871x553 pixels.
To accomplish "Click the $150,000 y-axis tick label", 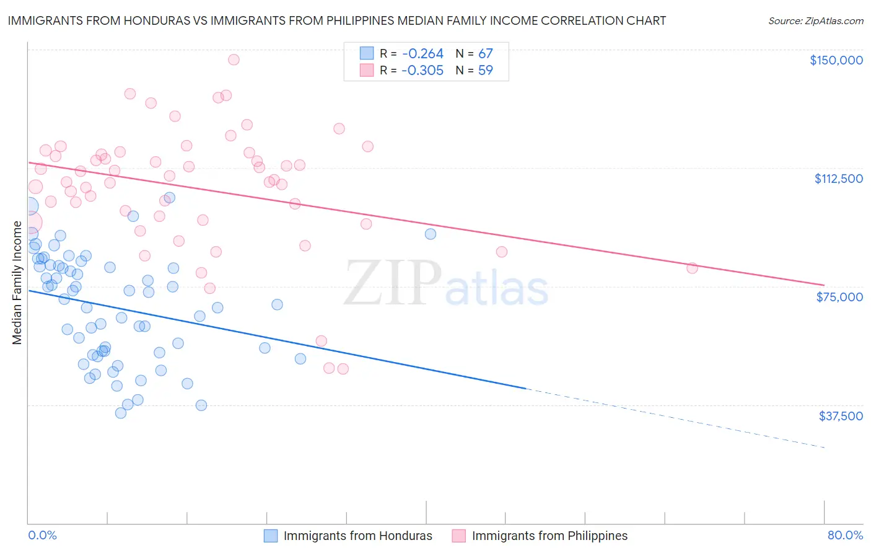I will pyautogui.click(x=836, y=60).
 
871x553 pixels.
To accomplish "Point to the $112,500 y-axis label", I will pyautogui.click(x=838, y=179).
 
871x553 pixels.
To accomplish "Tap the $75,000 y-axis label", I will pyautogui.click(x=839, y=297).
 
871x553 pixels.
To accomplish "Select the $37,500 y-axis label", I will pyautogui.click(x=841, y=416).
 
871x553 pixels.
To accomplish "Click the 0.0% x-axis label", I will pyautogui.click(x=42, y=535).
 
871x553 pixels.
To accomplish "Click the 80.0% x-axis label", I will pyautogui.click(x=845, y=535).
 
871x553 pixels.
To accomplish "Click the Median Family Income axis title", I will pyautogui.click(x=17, y=283).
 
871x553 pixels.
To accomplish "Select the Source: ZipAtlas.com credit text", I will pyautogui.click(x=815, y=21).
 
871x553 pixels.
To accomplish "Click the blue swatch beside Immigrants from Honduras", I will pyautogui.click(x=271, y=536).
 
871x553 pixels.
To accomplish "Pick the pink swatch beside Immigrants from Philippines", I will pyautogui.click(x=458, y=536).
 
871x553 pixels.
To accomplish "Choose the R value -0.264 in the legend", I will pyautogui.click(x=422, y=54).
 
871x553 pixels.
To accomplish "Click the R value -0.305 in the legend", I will pyautogui.click(x=422, y=71).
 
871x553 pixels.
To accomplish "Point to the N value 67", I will pyautogui.click(x=485, y=54).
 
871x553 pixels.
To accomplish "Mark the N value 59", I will pyautogui.click(x=485, y=71).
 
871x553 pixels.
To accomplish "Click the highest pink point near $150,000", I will pyautogui.click(x=234, y=60).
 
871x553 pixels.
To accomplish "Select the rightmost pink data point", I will pyautogui.click(x=692, y=268).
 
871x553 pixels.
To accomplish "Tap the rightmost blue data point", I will pyautogui.click(x=431, y=234).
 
